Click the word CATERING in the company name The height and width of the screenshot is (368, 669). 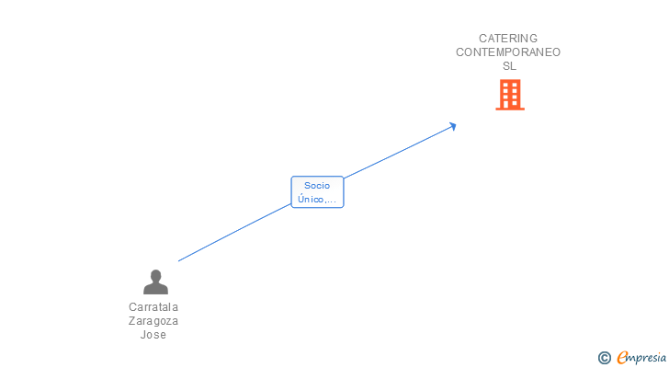pyautogui.click(x=508, y=39)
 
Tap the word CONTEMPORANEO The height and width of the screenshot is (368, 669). pyautogui.click(x=508, y=52)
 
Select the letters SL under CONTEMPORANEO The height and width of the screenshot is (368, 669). pyautogui.click(x=509, y=66)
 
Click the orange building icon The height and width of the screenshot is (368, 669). pyautogui.click(x=510, y=94)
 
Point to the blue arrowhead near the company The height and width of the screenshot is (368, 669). pyautogui.click(x=452, y=126)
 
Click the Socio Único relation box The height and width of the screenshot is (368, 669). pyautogui.click(x=317, y=192)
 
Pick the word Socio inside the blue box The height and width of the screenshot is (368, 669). pyautogui.click(x=317, y=186)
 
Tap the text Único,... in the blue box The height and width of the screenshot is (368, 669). pyautogui.click(x=317, y=199)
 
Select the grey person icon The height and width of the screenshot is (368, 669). pyautogui.click(x=155, y=282)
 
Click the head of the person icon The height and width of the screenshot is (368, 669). pyautogui.click(x=155, y=275)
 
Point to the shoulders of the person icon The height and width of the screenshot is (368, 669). pyautogui.click(x=155, y=289)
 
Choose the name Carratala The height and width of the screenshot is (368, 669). pyautogui.click(x=153, y=307)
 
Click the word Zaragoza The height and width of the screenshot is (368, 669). pyautogui.click(x=153, y=321)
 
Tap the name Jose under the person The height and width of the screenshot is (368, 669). pyautogui.click(x=153, y=335)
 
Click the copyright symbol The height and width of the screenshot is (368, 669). pyautogui.click(x=605, y=358)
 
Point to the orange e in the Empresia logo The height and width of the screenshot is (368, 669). pyautogui.click(x=623, y=358)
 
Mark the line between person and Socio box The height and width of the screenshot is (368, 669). pyautogui.click(x=234, y=234)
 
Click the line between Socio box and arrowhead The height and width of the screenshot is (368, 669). pyautogui.click(x=400, y=150)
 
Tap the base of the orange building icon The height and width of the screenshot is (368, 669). pyautogui.click(x=510, y=108)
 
